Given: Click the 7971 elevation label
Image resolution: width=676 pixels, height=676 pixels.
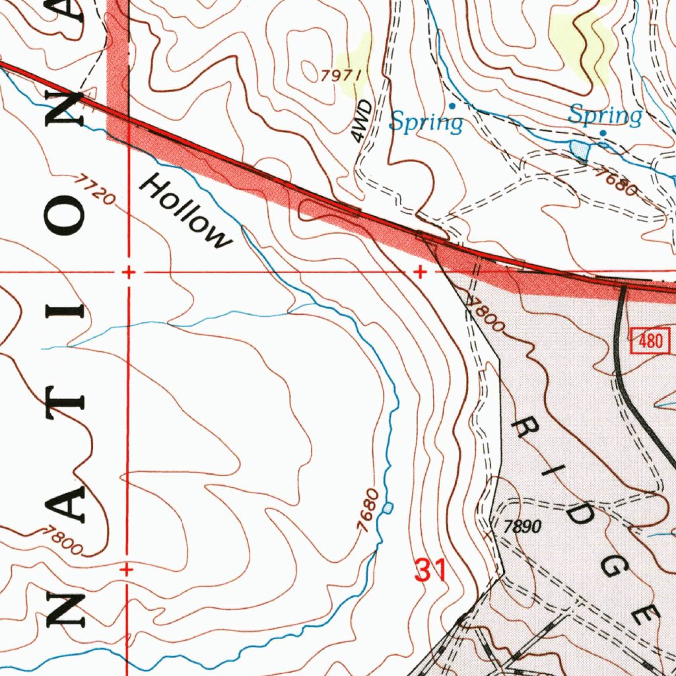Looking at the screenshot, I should pyautogui.click(x=341, y=75).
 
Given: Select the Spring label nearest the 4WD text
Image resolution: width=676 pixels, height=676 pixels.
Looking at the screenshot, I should pyautogui.click(x=426, y=122).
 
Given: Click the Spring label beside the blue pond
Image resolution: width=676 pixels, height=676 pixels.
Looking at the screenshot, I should pyautogui.click(x=605, y=116).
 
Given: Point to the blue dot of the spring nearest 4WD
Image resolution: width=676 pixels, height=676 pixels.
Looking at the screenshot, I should pyautogui.click(x=452, y=106).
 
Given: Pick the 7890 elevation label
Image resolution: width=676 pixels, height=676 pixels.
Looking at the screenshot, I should pyautogui.click(x=522, y=527).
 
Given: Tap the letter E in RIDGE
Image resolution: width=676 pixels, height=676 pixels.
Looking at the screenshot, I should pyautogui.click(x=644, y=612).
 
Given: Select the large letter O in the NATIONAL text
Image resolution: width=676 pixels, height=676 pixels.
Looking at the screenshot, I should pyautogui.click(x=65, y=219).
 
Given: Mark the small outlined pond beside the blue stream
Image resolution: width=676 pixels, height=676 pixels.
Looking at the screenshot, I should pyautogui.click(x=388, y=507).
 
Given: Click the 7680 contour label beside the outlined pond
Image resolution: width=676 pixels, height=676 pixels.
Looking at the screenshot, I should pyautogui.click(x=367, y=511).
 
